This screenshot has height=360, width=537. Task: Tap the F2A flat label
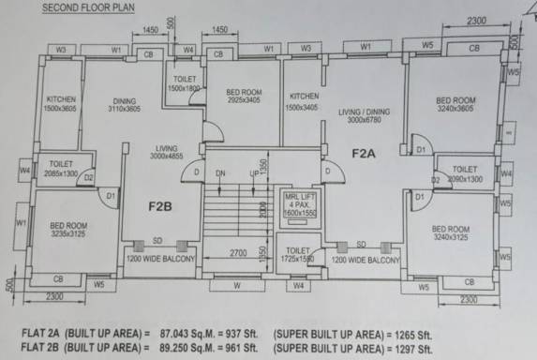tap(365, 153)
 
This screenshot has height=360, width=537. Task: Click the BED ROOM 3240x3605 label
tap(455, 105)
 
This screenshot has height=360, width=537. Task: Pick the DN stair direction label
tap(222, 174)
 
